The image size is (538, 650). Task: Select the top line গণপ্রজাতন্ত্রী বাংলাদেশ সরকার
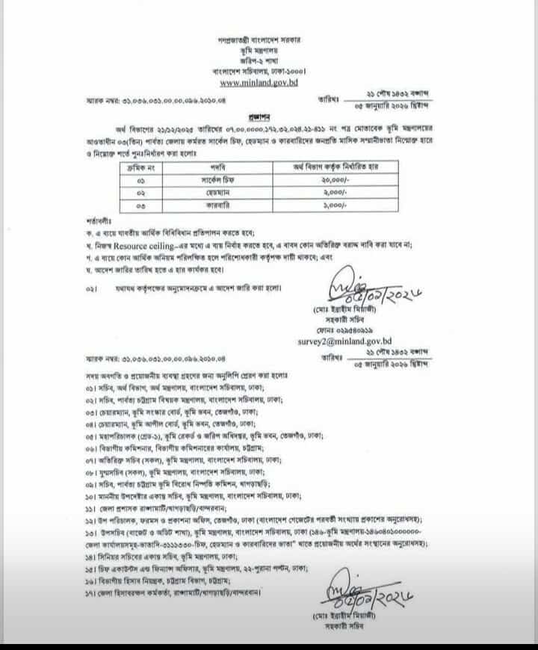(268, 39)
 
